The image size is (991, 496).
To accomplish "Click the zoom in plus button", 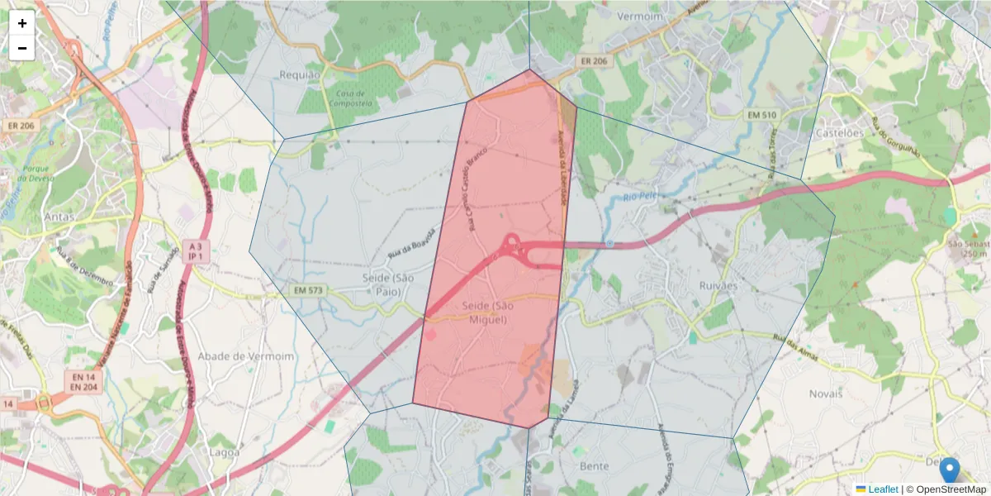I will pyautogui.click(x=22, y=23).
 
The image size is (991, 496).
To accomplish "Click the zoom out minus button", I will pyautogui.click(x=22, y=48).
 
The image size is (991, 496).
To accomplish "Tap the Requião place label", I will pyautogui.click(x=300, y=74).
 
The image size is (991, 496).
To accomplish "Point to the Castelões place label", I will pyautogui.click(x=839, y=132).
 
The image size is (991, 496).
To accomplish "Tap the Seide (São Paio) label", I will pyautogui.click(x=386, y=284).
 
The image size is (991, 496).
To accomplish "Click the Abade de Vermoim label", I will pyautogui.click(x=248, y=355).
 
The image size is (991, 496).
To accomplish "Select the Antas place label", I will pyautogui.click(x=60, y=217).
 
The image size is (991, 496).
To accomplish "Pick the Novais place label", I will pyautogui.click(x=826, y=393).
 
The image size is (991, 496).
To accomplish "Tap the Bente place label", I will pyautogui.click(x=595, y=466).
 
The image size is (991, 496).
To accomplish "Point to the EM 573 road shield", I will pyautogui.click(x=310, y=291).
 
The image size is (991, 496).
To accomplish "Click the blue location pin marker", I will pyautogui.click(x=950, y=469).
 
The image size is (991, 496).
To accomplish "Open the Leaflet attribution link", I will pyautogui.click(x=881, y=489).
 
